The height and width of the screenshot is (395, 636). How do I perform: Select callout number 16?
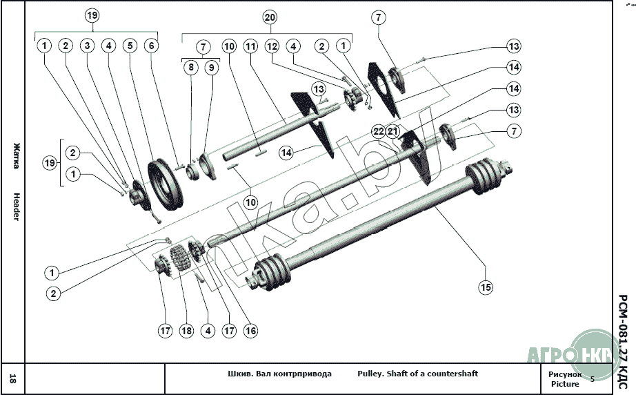click(x=250, y=331)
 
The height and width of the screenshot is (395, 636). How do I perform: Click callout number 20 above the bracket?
click(x=270, y=17)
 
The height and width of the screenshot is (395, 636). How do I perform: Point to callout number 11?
click(x=250, y=46)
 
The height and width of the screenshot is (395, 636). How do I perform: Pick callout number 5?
click(x=130, y=46)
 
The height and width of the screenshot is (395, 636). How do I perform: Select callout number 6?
click(x=151, y=46)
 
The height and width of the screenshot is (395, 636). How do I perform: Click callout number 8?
click(x=190, y=68)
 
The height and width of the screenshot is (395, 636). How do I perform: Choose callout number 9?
click(x=211, y=68)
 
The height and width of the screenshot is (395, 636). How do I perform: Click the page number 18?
click(x=13, y=378)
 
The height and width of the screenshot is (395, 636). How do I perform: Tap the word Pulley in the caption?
click(x=369, y=374)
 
